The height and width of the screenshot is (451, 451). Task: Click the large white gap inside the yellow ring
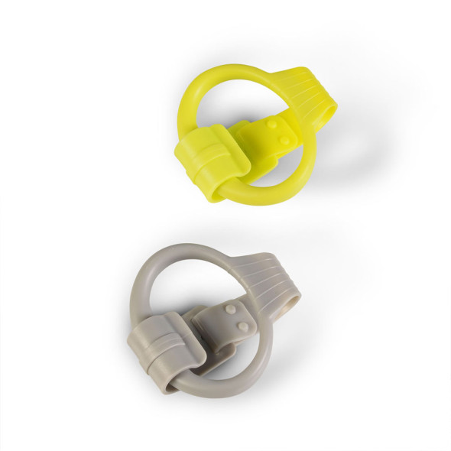(x=222, y=107)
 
